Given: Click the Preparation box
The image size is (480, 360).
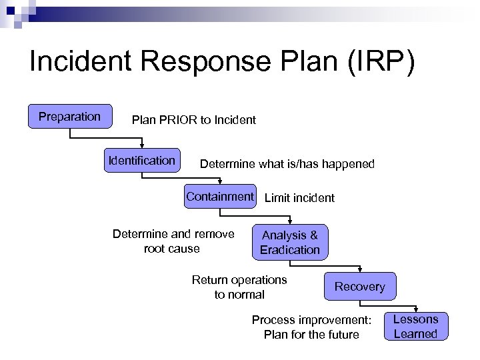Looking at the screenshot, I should tap(69, 117).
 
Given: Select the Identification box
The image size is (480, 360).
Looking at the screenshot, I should tap(142, 161).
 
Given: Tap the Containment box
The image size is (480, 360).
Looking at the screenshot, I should tap(220, 197).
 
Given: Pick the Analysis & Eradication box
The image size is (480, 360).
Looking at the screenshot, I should tap(290, 242).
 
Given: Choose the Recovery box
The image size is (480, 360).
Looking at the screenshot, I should tap(359, 287).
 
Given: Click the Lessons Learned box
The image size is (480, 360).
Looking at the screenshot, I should tap(415, 327).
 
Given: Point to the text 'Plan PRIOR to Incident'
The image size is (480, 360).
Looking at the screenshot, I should tap(193, 120).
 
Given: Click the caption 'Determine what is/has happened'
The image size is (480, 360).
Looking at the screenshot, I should tap(287, 163).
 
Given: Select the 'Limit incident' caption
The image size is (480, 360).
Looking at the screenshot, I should tap(299, 197).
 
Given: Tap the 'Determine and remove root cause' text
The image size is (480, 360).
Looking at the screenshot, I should tap(173, 241).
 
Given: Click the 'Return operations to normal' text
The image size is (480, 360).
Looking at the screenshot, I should tap(239, 287).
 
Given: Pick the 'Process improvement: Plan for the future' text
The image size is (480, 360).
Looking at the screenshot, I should tap(311, 327).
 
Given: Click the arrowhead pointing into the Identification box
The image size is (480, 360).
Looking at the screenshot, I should tap(142, 145).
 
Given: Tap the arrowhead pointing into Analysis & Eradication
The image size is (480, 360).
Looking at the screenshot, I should tap(290, 222).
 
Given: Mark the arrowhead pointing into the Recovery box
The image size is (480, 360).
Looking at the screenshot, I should tap(359, 269).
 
